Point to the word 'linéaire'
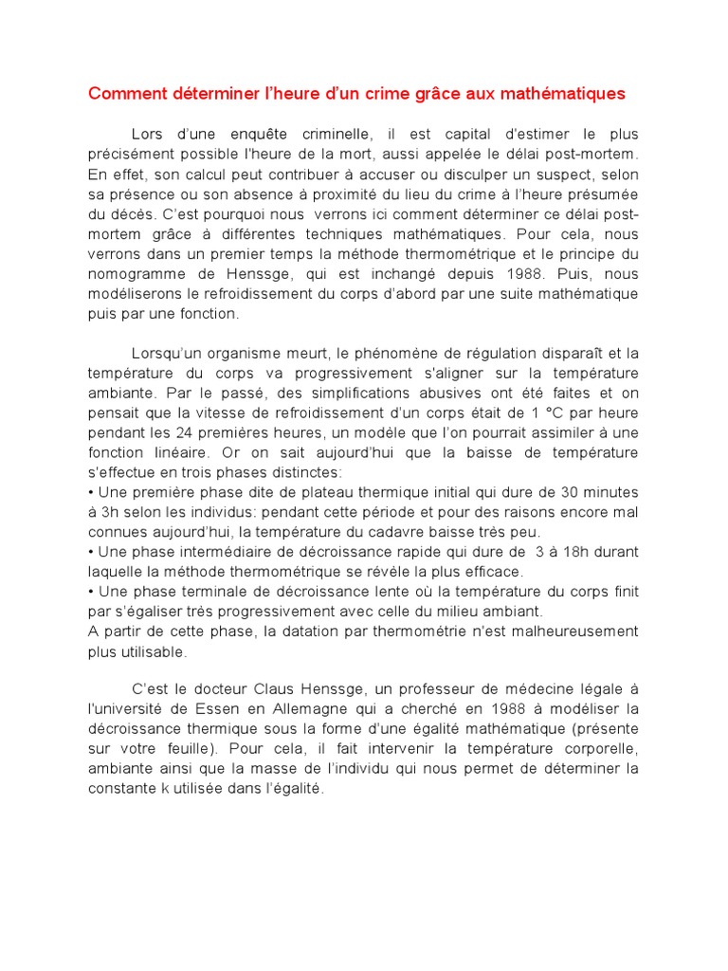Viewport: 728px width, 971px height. [x=184, y=453]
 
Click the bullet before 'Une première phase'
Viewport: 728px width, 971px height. [x=91, y=492]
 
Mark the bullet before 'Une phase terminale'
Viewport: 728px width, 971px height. [x=91, y=592]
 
